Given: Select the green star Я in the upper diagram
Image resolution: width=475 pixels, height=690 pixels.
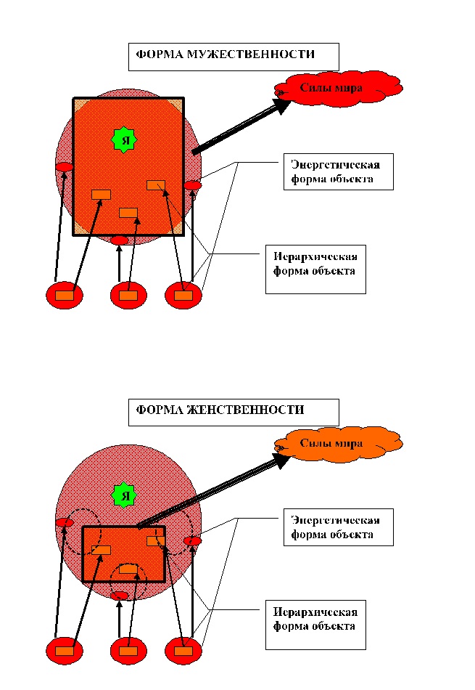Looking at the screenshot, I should coord(125,139).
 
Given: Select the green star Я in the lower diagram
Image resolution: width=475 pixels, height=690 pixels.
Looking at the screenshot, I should coord(125,496).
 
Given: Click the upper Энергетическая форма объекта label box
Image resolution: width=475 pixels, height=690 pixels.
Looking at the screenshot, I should coord(338,171).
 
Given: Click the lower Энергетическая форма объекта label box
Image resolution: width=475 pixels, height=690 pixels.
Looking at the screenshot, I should coord(338,527).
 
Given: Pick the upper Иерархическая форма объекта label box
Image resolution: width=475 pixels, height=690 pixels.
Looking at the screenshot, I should coord(315,269).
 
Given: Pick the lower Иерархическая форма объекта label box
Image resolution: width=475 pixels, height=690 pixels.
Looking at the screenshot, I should coord(315,625).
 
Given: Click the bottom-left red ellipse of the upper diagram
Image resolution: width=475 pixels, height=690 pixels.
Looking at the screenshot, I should coord(65,295).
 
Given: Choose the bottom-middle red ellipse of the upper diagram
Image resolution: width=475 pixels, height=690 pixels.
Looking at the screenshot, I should coord(128,295).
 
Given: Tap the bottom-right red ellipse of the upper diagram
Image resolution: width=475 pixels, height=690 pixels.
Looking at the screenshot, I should coord(183,295).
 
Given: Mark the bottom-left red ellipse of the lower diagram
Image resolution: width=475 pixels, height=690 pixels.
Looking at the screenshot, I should coord(65,650).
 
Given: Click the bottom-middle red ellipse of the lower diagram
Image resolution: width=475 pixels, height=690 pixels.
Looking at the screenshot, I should coord(128,650).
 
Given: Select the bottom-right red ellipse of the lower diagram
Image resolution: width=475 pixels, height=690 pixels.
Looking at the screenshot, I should coord(183,650).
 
